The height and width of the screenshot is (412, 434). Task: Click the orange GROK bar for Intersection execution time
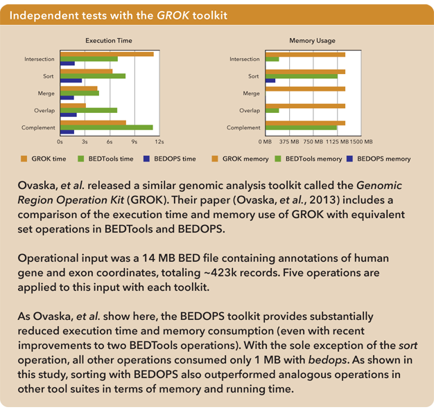107,54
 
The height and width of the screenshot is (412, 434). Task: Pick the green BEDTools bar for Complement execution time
107,127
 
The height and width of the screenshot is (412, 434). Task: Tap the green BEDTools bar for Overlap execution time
89,110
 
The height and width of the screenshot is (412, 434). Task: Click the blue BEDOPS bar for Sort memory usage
270,81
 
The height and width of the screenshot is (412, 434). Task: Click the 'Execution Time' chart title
109,41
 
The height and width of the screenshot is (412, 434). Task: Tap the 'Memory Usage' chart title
312,41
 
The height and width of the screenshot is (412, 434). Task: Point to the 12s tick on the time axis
159,141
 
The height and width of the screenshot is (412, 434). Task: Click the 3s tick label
85,141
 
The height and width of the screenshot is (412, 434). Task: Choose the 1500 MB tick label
361,141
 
